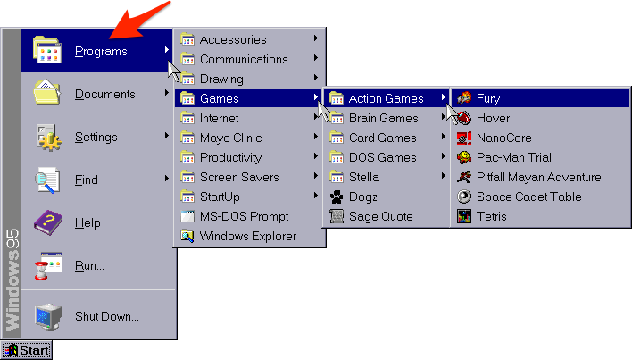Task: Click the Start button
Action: click(27, 350)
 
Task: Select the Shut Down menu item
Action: click(106, 315)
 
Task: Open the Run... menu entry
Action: click(89, 265)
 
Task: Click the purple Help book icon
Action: click(47, 222)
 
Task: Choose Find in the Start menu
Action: click(87, 180)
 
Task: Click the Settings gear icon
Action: click(47, 137)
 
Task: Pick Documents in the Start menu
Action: click(104, 94)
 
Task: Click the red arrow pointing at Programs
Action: click(138, 21)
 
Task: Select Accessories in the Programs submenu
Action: click(232, 39)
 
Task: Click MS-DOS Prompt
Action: click(244, 216)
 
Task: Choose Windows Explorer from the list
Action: click(247, 236)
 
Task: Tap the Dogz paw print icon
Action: click(337, 197)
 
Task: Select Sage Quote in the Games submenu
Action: click(380, 216)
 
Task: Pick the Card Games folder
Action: click(382, 138)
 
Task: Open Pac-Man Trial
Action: click(515, 157)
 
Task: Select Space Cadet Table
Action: click(528, 197)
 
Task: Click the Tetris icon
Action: click(463, 216)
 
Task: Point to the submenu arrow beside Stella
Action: click(444, 177)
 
